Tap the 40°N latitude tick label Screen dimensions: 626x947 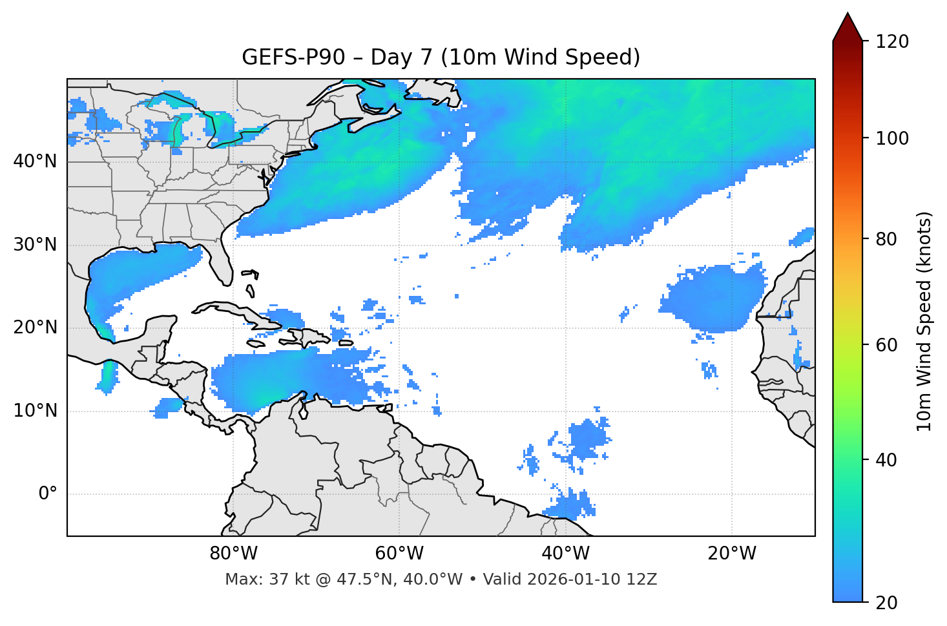pyautogui.click(x=35, y=162)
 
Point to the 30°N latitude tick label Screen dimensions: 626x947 pyautogui.click(x=35, y=245)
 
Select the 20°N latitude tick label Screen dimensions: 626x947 pyautogui.click(x=35, y=328)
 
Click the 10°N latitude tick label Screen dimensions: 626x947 pyautogui.click(x=35, y=411)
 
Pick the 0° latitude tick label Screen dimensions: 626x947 pyautogui.click(x=48, y=494)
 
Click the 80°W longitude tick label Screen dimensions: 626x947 pyautogui.click(x=233, y=554)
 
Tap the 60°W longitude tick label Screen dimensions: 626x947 pyautogui.click(x=399, y=554)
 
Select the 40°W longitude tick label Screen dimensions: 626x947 pyautogui.click(x=565, y=554)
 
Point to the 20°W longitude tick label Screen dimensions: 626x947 pyautogui.click(x=731, y=554)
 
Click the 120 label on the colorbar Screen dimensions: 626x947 pyautogui.click(x=891, y=42)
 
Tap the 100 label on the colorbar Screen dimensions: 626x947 pyautogui.click(x=891, y=138)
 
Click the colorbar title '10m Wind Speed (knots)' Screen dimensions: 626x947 pyautogui.click(x=924, y=321)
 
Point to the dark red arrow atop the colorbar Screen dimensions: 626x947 pyautogui.click(x=848, y=28)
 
